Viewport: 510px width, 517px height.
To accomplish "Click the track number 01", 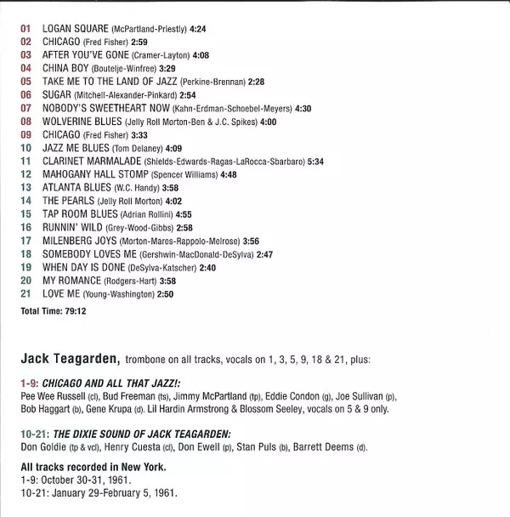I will coord(25,29).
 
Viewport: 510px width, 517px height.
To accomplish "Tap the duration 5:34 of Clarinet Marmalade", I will coord(315,161).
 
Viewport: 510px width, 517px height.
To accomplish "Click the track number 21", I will coord(25,293).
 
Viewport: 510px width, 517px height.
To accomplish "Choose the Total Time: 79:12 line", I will coord(54,312).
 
